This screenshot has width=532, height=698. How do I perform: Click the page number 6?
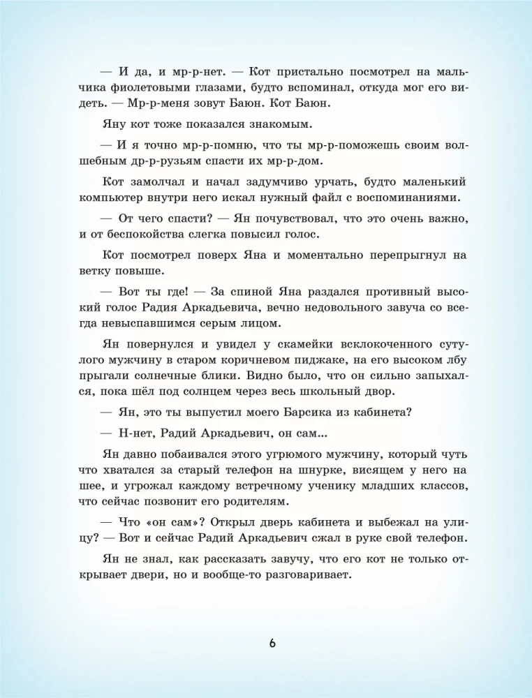272,642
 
